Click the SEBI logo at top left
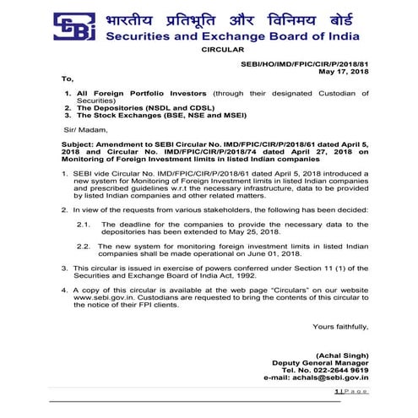75,26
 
